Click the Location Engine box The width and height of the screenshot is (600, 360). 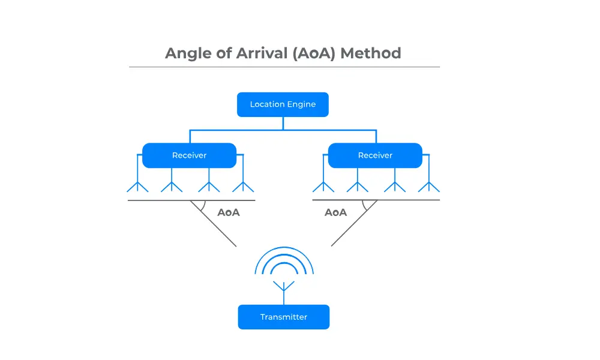[283, 104]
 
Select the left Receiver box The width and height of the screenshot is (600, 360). [189, 155]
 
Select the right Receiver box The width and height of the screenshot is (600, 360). [375, 155]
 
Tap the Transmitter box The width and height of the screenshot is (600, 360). [283, 317]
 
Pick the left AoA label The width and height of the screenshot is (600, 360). [228, 212]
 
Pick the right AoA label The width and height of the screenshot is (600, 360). [336, 212]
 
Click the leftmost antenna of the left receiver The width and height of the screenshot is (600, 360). [137, 185]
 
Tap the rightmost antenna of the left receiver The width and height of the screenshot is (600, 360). [243, 185]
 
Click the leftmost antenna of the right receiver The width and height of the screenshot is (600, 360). [323, 185]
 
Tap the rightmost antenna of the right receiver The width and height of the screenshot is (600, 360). [428, 185]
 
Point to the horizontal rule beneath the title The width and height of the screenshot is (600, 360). [284, 67]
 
